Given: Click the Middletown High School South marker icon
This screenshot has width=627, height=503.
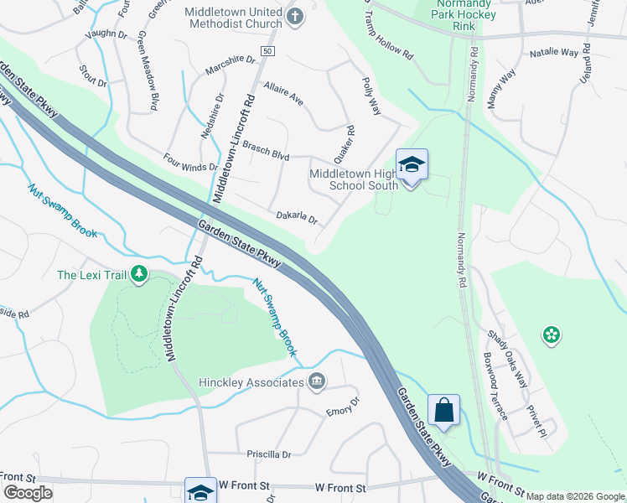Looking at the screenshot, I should [x=412, y=164].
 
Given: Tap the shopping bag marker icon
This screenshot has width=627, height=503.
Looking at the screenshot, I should [x=443, y=411].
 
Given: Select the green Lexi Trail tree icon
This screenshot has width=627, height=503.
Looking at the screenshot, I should [x=139, y=274].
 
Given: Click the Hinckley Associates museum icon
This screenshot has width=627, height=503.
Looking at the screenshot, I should [x=317, y=382].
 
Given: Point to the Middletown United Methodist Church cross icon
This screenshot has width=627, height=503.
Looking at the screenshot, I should [x=295, y=16].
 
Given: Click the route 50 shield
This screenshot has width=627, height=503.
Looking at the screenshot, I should [x=267, y=52].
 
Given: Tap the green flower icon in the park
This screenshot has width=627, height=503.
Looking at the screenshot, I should [x=551, y=335].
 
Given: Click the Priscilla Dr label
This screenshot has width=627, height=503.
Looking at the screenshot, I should [x=268, y=454].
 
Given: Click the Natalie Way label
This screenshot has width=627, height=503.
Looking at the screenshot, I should [x=554, y=53].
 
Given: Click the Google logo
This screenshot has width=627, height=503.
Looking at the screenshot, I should [x=28, y=493].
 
